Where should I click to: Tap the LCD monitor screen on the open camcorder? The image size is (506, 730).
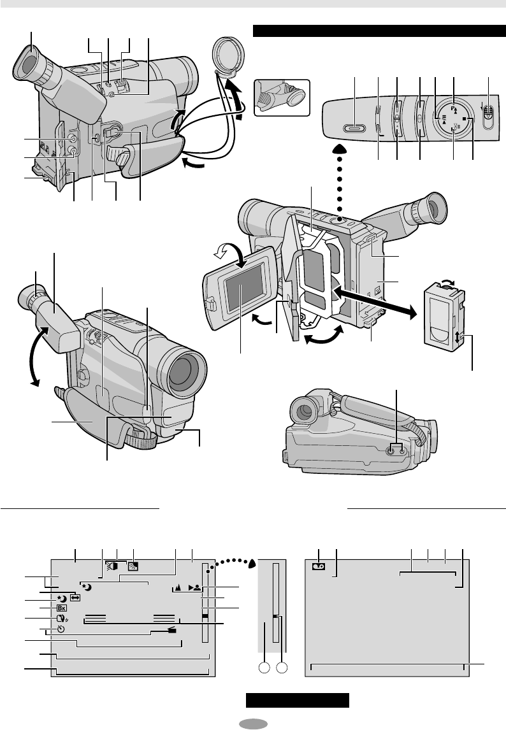(x=242, y=289)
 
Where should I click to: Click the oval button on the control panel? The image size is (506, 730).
(x=352, y=127)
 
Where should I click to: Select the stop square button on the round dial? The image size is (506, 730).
(x=466, y=118)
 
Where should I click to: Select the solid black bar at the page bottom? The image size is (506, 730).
(x=298, y=701)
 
